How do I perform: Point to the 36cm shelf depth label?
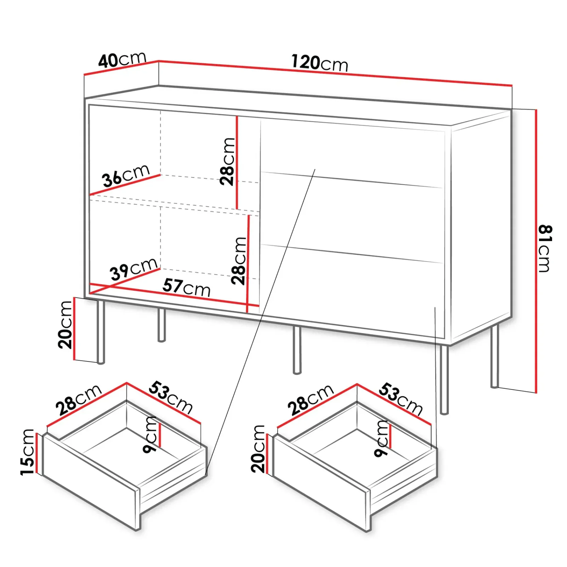coord(126,175)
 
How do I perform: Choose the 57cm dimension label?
coord(187,287)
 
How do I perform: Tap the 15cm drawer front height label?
coord(27,452)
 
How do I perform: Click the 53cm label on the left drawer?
coord(170,397)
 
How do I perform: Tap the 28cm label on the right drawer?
coord(310,400)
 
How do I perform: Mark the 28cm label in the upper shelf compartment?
coord(227,162)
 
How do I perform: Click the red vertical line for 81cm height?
coord(536,251)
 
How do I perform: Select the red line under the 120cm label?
coord(335,73)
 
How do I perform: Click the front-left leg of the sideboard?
coord(101,332)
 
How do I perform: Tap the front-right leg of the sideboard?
coord(444,380)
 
